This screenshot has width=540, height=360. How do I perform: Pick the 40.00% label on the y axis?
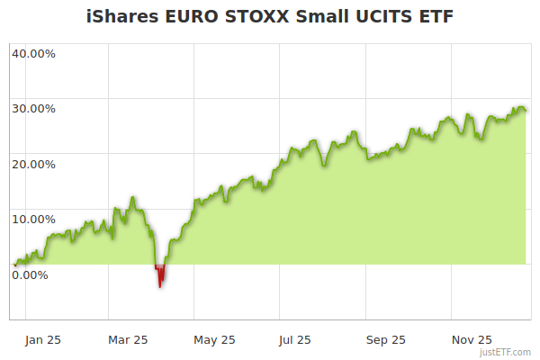click(33, 53)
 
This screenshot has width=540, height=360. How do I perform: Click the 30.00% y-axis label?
click(33, 109)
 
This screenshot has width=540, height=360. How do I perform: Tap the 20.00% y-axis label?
click(33, 165)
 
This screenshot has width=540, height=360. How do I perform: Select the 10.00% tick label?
click(33, 219)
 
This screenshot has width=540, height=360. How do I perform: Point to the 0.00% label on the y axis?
click(30, 274)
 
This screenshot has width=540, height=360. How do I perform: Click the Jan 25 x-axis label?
click(43, 339)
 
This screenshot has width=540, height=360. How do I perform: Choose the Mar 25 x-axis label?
click(128, 339)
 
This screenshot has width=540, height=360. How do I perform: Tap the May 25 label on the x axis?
click(214, 339)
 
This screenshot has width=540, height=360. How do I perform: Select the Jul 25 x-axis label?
click(295, 339)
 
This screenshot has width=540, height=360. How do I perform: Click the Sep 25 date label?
click(386, 339)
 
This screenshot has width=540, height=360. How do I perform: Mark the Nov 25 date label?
click(472, 339)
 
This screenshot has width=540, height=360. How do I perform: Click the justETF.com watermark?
click(507, 352)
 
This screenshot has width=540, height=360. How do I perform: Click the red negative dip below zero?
click(160, 273)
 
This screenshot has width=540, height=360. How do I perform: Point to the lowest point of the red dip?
click(160, 286)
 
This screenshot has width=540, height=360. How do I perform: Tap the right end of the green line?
click(526, 111)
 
